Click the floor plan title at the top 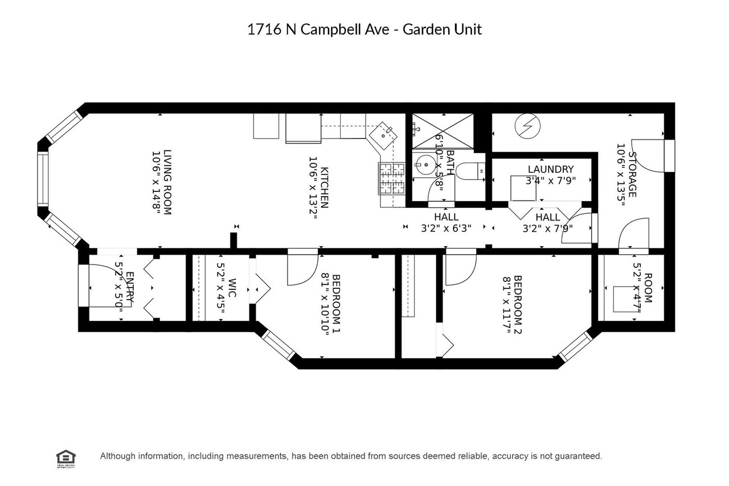[364, 30]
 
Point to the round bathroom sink [424, 166]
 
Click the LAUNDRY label [550, 169]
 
